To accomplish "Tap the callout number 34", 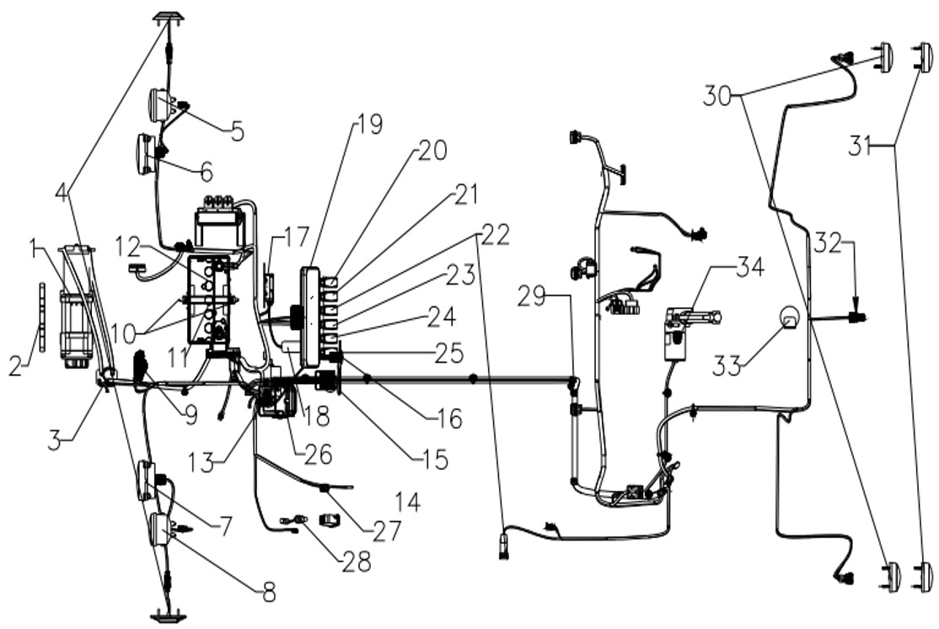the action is pos(749,267).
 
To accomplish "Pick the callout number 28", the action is pos(357,562).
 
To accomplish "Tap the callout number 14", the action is pos(408,502).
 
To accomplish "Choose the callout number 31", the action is pos(860,146).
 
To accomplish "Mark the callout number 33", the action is pos(727,365).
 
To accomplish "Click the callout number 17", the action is pos(296,237).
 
